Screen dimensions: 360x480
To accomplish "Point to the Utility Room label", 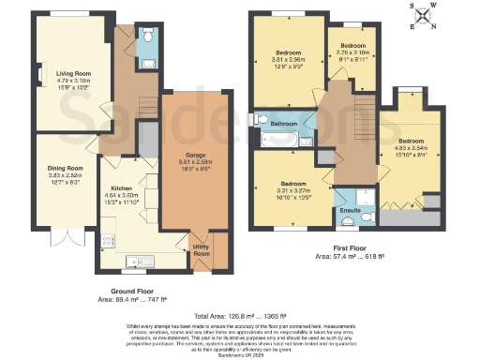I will click(201, 250).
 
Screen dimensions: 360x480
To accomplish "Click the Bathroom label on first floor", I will click(284, 124).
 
